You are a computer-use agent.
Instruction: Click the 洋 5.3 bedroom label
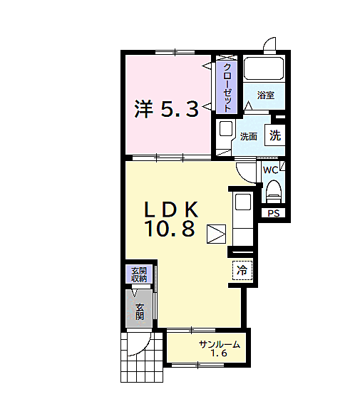pyautogui.click(x=166, y=109)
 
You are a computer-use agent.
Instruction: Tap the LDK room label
pyautogui.click(x=171, y=209)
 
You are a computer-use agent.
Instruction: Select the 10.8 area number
pyautogui.click(x=170, y=228)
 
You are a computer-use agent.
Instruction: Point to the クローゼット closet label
pyautogui.click(x=227, y=88)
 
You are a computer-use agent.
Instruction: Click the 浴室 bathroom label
pyautogui.click(x=266, y=95)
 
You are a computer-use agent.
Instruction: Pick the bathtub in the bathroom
pyautogui.click(x=264, y=68)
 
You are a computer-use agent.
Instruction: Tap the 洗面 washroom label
pyautogui.click(x=249, y=137)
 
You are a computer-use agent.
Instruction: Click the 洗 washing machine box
pyautogui.click(x=275, y=135)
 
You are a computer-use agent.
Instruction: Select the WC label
pyautogui.click(x=270, y=170)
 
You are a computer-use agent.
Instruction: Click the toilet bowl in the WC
pyautogui.click(x=274, y=192)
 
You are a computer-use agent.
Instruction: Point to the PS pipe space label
pyautogui.click(x=274, y=213)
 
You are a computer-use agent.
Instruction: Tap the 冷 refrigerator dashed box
pyautogui.click(x=242, y=270)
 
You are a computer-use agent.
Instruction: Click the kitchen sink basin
pyautogui.click(x=242, y=202)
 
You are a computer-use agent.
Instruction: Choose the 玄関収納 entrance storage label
pyautogui.click(x=139, y=274)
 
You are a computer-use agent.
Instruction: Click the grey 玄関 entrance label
pyautogui.click(x=140, y=312)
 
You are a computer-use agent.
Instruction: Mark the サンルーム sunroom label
pyautogui.click(x=220, y=344)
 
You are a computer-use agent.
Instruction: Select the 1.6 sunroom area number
pyautogui.click(x=219, y=353)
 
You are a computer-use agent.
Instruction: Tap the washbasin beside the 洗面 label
pyautogui.click(x=225, y=129)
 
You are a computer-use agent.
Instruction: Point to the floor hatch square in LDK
pyautogui.click(x=216, y=234)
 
